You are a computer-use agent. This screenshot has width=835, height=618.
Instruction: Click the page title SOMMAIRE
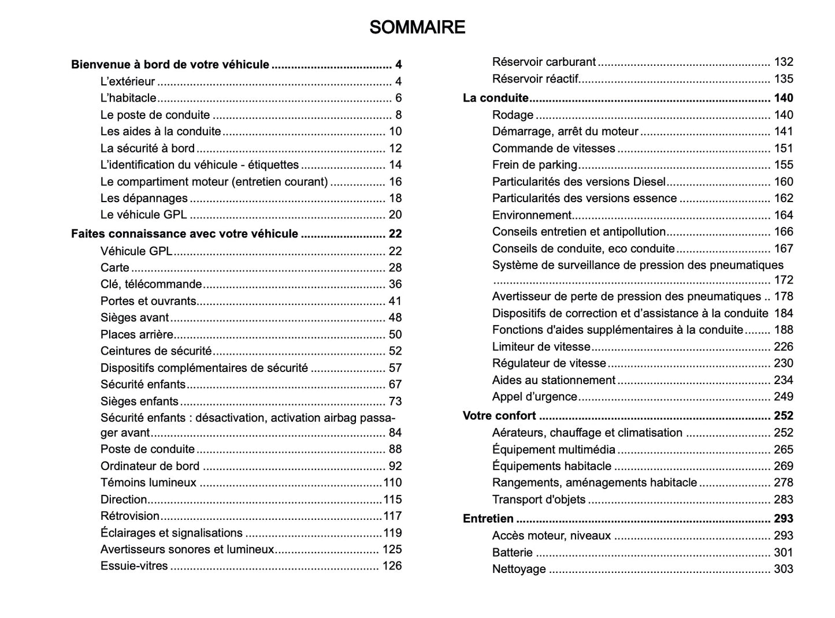click(x=417, y=27)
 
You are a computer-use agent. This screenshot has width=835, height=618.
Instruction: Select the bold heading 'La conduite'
click(x=495, y=98)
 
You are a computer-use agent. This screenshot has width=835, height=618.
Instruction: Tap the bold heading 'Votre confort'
click(x=499, y=416)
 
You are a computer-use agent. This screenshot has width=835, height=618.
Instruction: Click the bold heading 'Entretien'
click(x=488, y=519)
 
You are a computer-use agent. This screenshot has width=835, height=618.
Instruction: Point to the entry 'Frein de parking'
click(x=535, y=165)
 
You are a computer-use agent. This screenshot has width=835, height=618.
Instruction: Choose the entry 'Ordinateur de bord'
click(x=150, y=466)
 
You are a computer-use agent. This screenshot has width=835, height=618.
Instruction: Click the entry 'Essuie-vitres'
click(x=134, y=566)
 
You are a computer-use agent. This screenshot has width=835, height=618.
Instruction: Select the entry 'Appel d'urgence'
click(x=535, y=397)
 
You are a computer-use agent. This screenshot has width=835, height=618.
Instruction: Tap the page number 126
click(x=392, y=566)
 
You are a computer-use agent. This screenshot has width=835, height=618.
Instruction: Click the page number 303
click(x=783, y=569)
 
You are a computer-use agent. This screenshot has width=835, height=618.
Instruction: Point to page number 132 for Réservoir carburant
click(x=783, y=62)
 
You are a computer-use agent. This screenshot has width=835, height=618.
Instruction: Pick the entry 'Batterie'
click(x=512, y=553)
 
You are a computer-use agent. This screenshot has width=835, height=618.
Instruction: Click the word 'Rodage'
click(x=513, y=115)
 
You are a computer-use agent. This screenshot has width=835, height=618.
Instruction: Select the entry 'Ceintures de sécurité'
click(x=156, y=351)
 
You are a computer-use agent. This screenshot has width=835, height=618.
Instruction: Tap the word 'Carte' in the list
click(x=114, y=268)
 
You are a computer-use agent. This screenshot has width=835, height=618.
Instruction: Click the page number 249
click(x=783, y=397)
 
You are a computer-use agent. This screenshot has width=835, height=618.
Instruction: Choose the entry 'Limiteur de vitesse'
click(x=541, y=347)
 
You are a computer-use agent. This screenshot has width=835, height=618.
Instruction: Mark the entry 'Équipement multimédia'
click(x=554, y=450)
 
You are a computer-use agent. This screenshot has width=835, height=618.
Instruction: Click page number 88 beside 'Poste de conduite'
click(x=395, y=449)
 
